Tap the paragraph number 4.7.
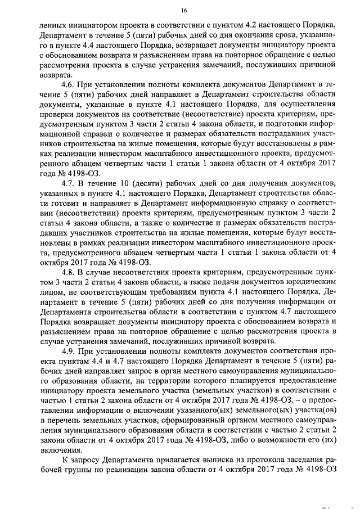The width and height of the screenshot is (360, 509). pos(67,184)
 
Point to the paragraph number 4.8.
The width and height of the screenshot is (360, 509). pos(67,272)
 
